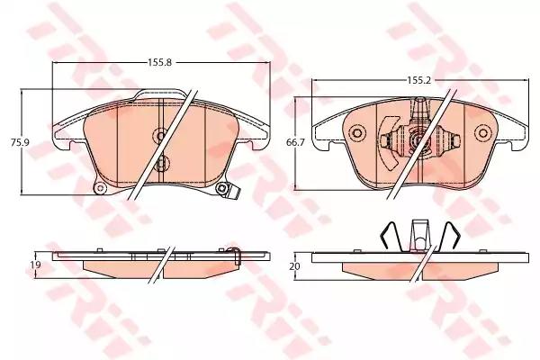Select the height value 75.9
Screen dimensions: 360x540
(x=14, y=141)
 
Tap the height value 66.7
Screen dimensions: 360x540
(x=292, y=141)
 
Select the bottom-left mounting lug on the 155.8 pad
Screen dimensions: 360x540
(x=100, y=187)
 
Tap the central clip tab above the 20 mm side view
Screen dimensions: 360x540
(x=418, y=232)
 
